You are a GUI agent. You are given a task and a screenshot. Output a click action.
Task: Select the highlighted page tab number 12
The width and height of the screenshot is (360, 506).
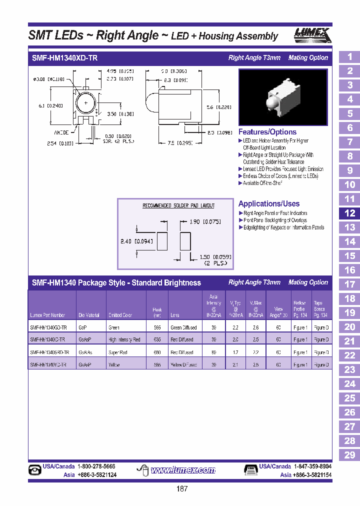coord(349,213)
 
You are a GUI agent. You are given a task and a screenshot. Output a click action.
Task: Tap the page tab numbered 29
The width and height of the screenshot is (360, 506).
coord(349,454)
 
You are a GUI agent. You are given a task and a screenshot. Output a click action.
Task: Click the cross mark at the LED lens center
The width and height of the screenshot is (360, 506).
coord(86,103)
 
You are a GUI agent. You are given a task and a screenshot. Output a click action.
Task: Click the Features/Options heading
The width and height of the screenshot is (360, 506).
coord(267,132)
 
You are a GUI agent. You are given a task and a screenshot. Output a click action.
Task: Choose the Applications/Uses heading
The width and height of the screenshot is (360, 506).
coord(269,203)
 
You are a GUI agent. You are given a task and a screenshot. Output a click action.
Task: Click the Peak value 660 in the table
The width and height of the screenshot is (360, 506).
coord(157,352)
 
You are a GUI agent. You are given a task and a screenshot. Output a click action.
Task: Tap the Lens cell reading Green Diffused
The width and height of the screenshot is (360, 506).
coord(183,327)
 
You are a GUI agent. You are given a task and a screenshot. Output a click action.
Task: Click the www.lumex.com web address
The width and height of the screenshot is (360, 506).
coord(183,470)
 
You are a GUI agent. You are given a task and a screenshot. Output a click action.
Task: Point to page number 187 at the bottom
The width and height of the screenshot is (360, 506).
coord(182,488)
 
